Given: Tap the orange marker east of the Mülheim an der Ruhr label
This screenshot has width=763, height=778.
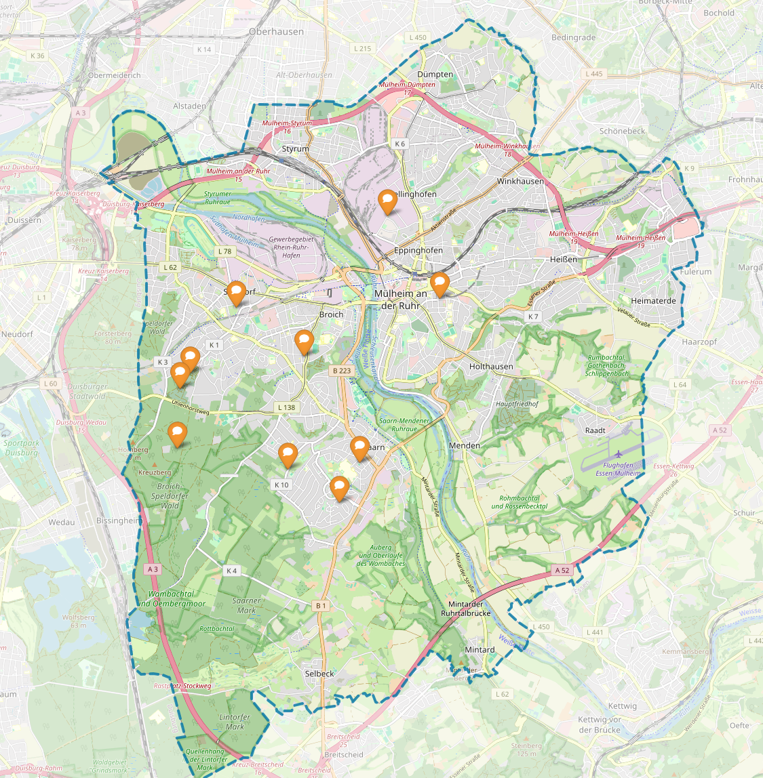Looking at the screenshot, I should coord(439,283).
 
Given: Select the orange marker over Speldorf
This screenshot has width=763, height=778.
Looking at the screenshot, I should coord(235,293).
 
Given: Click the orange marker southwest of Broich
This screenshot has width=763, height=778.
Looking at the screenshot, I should coord(304,342).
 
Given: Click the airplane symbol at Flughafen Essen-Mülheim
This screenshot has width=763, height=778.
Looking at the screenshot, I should coord(618,454).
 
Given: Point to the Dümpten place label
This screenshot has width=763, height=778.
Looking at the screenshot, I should coord(435,75).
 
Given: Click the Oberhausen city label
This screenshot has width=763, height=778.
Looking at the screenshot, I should coord(276,32).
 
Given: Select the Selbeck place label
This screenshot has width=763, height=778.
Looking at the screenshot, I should coord(319,674).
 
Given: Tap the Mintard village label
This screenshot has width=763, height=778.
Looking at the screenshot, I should coord(480,649).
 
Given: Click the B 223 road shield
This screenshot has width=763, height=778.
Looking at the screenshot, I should coord(342,371).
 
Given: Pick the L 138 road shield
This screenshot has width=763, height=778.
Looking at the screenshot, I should coord(287,407).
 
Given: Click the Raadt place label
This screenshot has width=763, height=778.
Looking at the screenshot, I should coord(595,430).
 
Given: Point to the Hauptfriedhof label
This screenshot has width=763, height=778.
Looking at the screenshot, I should coord(517,404).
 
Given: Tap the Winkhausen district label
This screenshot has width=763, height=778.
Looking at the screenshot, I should coord(520,182).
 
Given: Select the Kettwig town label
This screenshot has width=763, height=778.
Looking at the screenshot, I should coord(622,706).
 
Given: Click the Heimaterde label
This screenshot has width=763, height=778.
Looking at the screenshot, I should coord(653,301).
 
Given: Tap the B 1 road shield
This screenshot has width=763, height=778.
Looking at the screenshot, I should coord(320,605).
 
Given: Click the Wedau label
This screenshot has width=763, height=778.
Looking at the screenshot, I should coord(62,523).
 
